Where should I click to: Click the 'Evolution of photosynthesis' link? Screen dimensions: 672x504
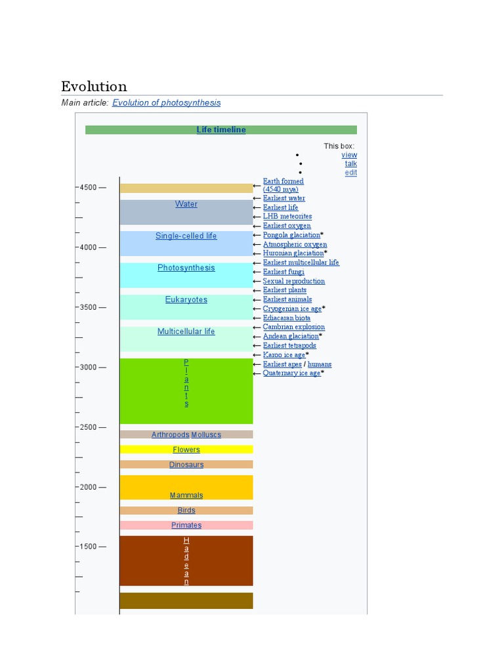click(x=167, y=103)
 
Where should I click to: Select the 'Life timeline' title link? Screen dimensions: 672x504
click(x=221, y=130)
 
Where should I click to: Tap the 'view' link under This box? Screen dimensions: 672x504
click(x=349, y=155)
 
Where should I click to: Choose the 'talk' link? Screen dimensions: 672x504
click(x=351, y=163)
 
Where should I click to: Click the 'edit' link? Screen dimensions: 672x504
click(x=351, y=173)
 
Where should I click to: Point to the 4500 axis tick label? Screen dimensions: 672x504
click(x=88, y=188)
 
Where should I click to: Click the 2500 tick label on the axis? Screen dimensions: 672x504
click(x=88, y=427)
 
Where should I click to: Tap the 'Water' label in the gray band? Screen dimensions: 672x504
click(x=186, y=204)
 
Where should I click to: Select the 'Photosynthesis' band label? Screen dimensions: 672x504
click(x=186, y=268)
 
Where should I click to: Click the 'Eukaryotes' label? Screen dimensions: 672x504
click(x=186, y=300)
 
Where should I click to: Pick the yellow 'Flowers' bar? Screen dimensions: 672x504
click(x=186, y=450)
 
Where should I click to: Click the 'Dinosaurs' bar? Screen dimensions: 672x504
click(x=186, y=465)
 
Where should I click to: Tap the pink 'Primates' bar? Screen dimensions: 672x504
click(x=186, y=525)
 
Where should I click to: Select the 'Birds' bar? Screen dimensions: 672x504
click(x=186, y=511)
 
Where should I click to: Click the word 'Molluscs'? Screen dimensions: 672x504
click(x=206, y=434)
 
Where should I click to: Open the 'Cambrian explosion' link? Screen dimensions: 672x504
click(x=294, y=327)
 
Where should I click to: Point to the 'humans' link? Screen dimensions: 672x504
click(x=320, y=364)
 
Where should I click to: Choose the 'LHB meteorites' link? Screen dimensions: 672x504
click(x=287, y=217)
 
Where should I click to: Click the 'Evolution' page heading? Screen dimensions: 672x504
click(x=94, y=87)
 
